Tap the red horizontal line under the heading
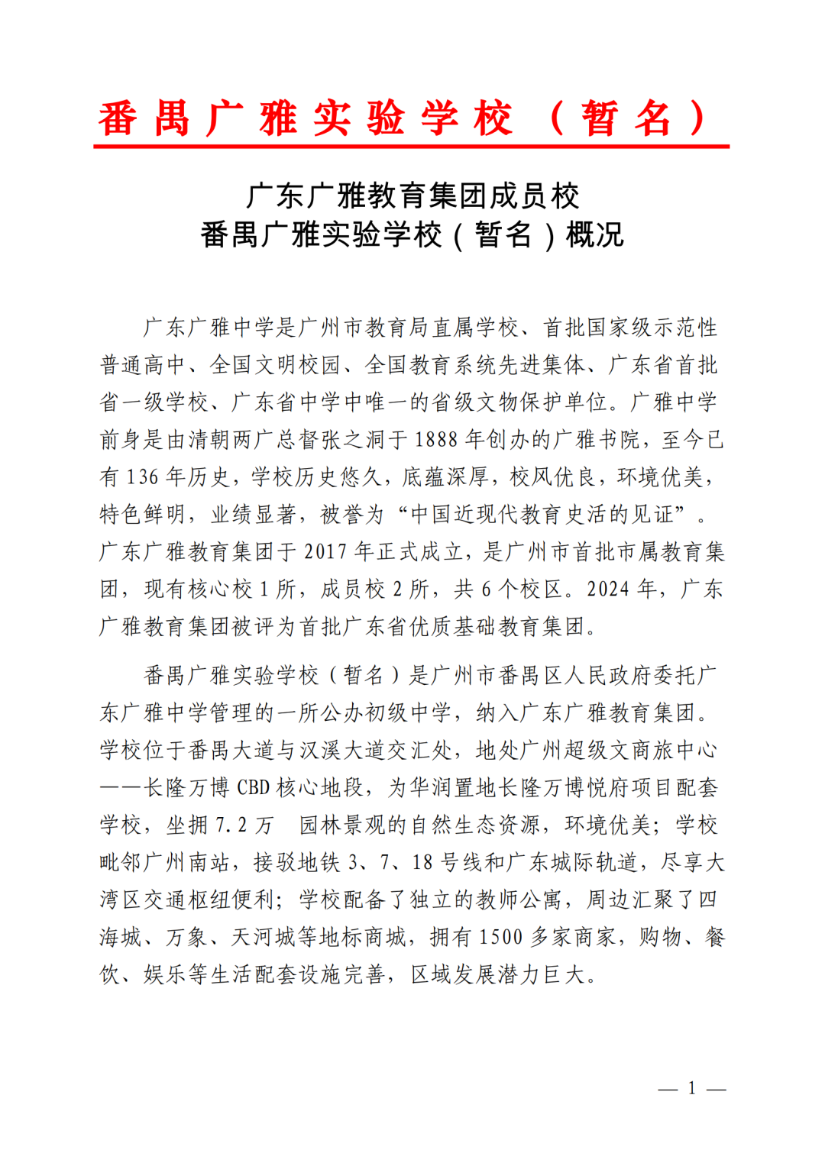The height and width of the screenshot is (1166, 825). click(411, 146)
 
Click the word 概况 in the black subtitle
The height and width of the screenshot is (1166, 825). click(594, 234)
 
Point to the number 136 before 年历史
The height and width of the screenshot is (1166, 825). click(142, 477)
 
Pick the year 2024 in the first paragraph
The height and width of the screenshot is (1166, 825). click(607, 589)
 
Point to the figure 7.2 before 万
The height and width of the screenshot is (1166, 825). click(231, 825)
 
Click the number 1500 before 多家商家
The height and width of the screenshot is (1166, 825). click(500, 938)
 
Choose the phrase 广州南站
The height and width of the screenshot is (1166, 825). click(187, 863)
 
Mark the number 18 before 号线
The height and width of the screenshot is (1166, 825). click(422, 863)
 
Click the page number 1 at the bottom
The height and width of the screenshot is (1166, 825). click(691, 1088)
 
